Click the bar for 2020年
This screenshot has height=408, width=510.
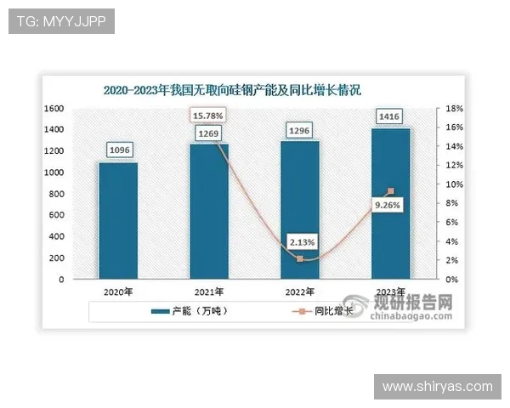tap(117, 220)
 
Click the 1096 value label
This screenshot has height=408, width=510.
tap(118, 150)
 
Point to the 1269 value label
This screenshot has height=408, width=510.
tap(208, 133)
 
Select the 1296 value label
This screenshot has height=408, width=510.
tap(299, 131)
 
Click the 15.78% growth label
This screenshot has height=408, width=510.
tap(208, 116)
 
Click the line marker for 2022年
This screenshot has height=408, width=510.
tap(300, 258)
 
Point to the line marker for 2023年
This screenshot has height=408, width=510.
tap(391, 191)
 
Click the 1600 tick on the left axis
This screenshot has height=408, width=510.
tap(54, 109)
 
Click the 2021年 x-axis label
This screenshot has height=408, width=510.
tap(208, 292)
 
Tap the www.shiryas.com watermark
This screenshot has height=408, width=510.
tap(437, 387)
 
